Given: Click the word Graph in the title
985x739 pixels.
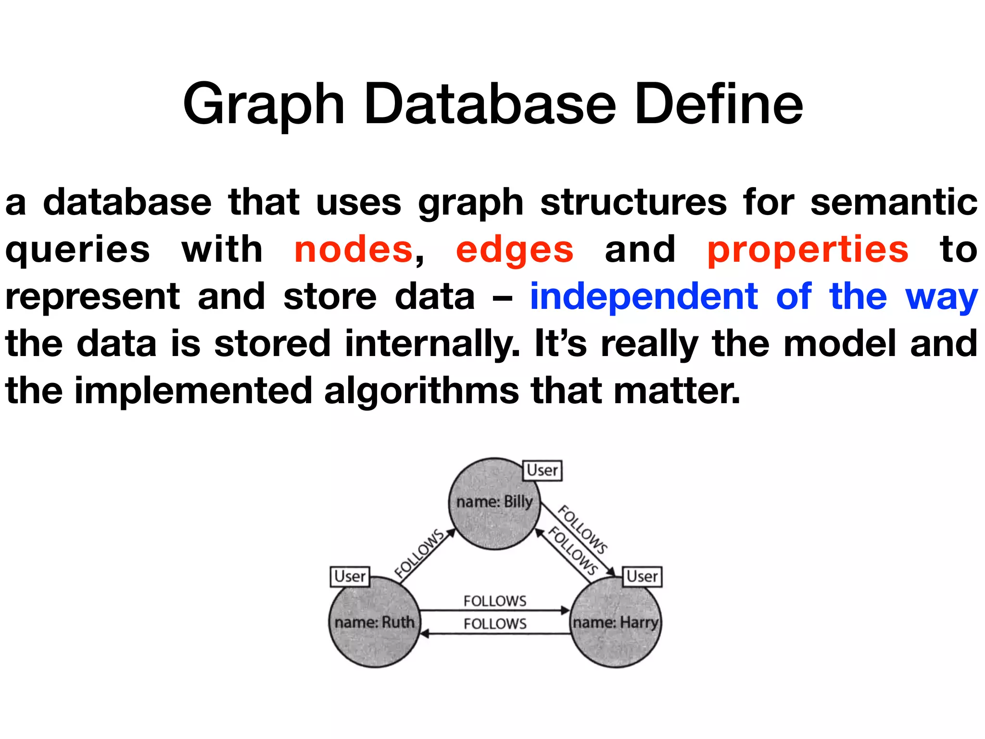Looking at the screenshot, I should (264, 105).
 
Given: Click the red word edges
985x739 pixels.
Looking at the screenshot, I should (514, 251).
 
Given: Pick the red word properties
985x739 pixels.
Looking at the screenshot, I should (808, 251).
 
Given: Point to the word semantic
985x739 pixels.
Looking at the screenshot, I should (894, 202).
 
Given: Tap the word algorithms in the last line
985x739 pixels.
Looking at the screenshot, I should (421, 391).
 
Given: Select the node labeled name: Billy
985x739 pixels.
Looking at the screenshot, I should (494, 503).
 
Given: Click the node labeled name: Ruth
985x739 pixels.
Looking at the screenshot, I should (374, 622).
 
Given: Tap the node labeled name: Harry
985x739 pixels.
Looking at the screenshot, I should (615, 622).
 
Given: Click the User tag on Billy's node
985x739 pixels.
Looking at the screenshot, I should (542, 470).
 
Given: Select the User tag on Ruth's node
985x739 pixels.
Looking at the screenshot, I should (350, 576).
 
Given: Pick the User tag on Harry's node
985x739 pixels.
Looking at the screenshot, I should (642, 576).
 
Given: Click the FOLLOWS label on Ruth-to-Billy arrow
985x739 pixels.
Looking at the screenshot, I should (419, 553).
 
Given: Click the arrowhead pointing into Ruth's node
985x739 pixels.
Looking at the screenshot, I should (424, 634).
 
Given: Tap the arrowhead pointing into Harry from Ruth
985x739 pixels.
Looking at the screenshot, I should (566, 611).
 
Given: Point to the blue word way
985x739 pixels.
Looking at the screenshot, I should (941, 297).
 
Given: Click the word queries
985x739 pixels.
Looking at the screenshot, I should (77, 251).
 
